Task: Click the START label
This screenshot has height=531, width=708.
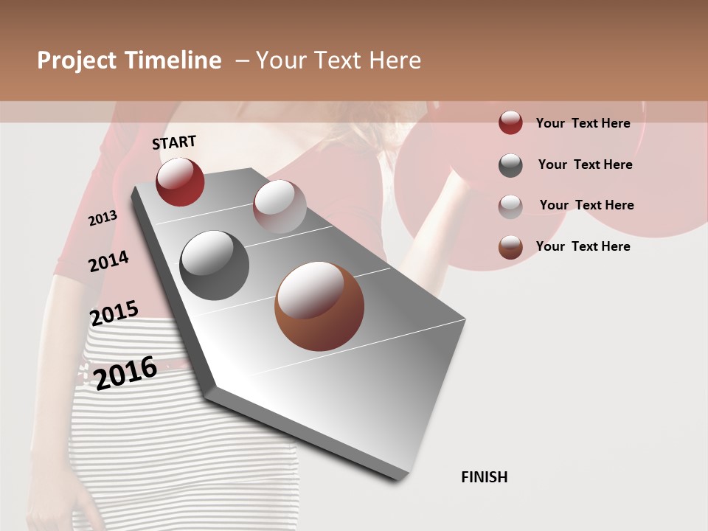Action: click(174, 142)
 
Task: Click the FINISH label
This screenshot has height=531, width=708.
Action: click(485, 477)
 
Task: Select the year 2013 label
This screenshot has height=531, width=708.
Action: click(103, 218)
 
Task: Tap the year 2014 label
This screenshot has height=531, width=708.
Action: click(108, 261)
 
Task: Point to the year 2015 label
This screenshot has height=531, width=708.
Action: click(114, 313)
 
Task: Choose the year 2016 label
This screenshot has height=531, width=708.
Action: click(125, 372)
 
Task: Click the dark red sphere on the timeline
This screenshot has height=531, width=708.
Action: click(180, 181)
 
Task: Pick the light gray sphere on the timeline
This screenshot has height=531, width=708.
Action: click(279, 206)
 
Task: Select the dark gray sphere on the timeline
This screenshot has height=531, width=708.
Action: click(214, 265)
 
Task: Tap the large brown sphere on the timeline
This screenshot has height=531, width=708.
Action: click(319, 306)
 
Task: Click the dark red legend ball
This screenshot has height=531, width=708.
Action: click(510, 123)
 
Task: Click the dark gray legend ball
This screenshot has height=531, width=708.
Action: click(510, 165)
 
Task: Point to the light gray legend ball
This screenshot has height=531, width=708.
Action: click(510, 206)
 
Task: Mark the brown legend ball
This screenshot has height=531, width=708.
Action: click(510, 247)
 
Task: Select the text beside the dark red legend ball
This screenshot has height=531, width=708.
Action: click(583, 123)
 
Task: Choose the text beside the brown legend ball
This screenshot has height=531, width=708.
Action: click(583, 246)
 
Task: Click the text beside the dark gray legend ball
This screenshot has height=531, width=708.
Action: click(585, 164)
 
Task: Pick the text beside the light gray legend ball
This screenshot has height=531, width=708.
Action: click(586, 205)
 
